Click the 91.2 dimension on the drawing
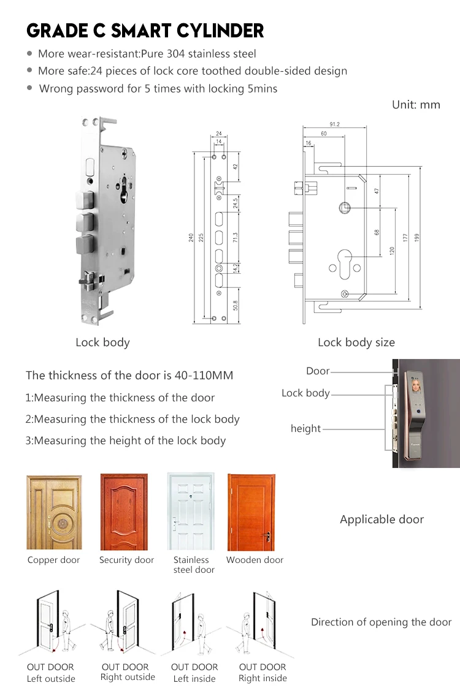(x=334, y=124)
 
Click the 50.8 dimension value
(x=236, y=304)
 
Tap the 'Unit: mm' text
(x=416, y=105)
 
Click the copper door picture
(x=54, y=512)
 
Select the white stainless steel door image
(x=191, y=512)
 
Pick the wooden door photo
(x=251, y=512)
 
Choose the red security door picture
(x=125, y=512)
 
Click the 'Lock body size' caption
(x=356, y=342)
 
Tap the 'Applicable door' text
(x=381, y=519)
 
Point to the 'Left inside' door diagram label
(x=194, y=678)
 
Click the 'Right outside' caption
(x=128, y=677)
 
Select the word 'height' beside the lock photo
(x=305, y=429)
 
